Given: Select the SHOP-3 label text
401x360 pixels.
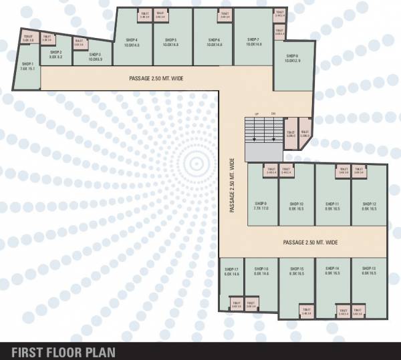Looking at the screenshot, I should (95, 55).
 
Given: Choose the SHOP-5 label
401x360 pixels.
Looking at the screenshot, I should (170, 40).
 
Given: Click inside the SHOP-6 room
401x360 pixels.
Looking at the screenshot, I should (214, 40).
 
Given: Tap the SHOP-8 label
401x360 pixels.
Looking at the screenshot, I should (292, 56).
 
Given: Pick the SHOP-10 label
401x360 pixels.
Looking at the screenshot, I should (297, 204).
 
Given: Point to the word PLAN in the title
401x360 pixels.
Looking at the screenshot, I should (103, 352).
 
